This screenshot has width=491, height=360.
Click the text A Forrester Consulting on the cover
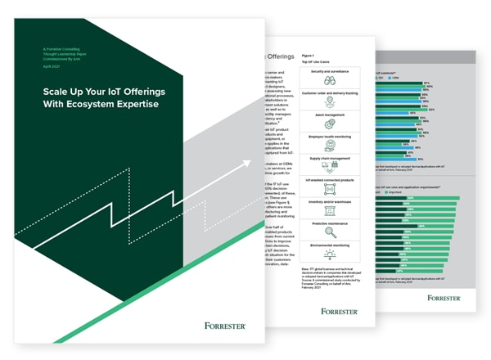pyautogui.click(x=62, y=49)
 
